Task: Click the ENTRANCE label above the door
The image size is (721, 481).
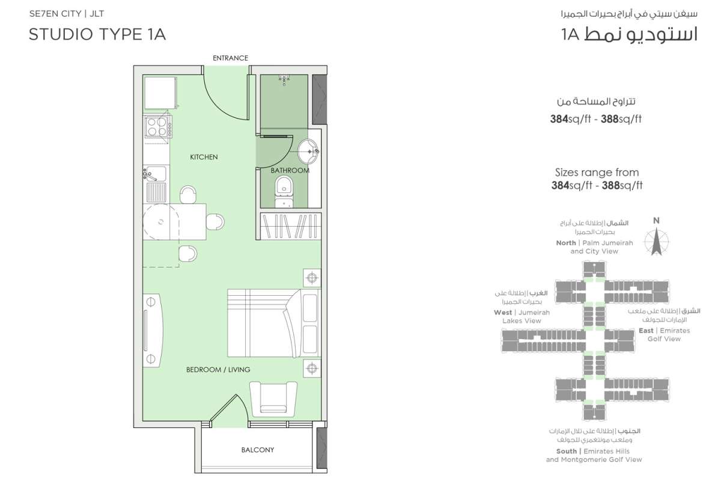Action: [x=230, y=58]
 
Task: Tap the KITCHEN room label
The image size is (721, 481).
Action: [x=204, y=157]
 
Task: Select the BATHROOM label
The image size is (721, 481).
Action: [x=290, y=170]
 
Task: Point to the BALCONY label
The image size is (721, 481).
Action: [x=258, y=450]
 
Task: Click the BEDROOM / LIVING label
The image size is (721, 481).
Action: [x=218, y=370]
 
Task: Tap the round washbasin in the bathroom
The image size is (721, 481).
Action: [x=308, y=151]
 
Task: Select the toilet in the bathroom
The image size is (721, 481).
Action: [x=284, y=191]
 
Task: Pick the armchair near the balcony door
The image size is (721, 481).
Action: [x=273, y=399]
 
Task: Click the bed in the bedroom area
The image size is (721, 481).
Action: [x=273, y=323]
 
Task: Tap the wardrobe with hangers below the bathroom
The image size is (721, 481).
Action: [x=290, y=226]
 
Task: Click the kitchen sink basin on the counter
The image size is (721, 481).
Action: [x=156, y=174]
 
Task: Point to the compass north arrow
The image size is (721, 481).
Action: [x=656, y=242]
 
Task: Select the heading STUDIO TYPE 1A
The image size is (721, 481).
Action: [x=97, y=34]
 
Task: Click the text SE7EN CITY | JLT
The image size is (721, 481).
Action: [x=67, y=14]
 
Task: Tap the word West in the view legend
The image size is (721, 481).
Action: [x=503, y=313]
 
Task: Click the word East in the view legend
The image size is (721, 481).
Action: [x=646, y=331]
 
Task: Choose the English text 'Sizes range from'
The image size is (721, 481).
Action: [x=597, y=173]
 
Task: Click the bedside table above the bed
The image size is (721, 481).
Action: [x=312, y=278]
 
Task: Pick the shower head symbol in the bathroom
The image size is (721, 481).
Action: [x=284, y=79]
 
